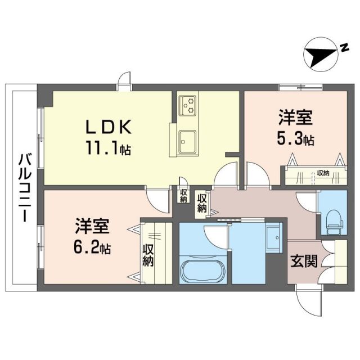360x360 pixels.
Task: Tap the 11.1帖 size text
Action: coord(108,150)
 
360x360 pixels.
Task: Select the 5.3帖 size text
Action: coord(294,139)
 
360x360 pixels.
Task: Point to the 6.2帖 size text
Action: coord(91,248)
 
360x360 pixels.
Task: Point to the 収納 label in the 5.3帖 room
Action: coord(322,173)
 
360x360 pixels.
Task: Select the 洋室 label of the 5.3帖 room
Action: coord(294,120)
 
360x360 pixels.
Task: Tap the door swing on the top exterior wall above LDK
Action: coord(124,82)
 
